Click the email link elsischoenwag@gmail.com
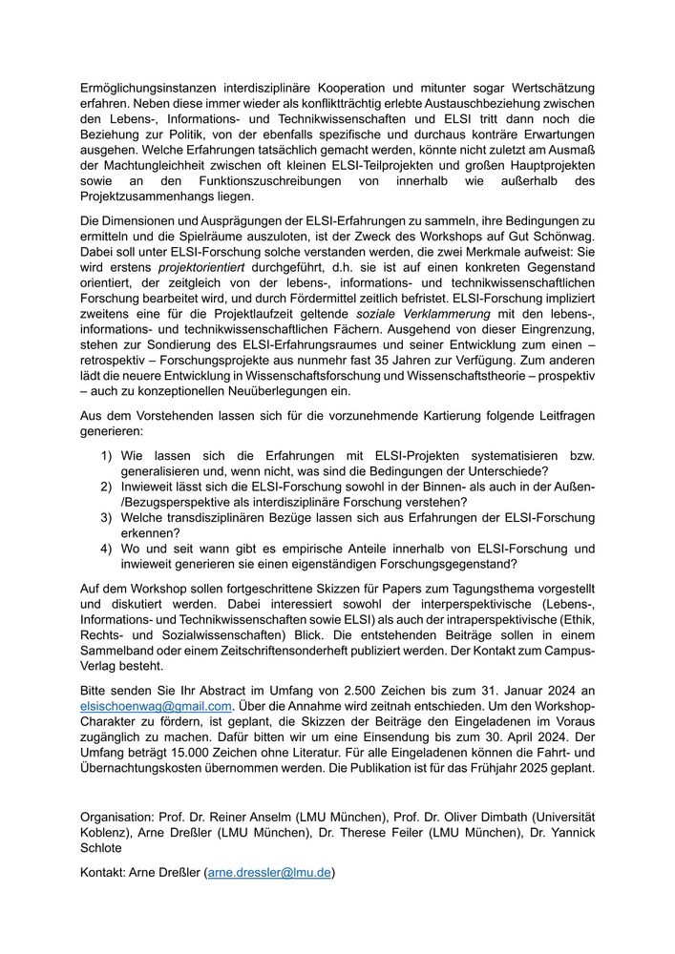(x=157, y=707)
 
